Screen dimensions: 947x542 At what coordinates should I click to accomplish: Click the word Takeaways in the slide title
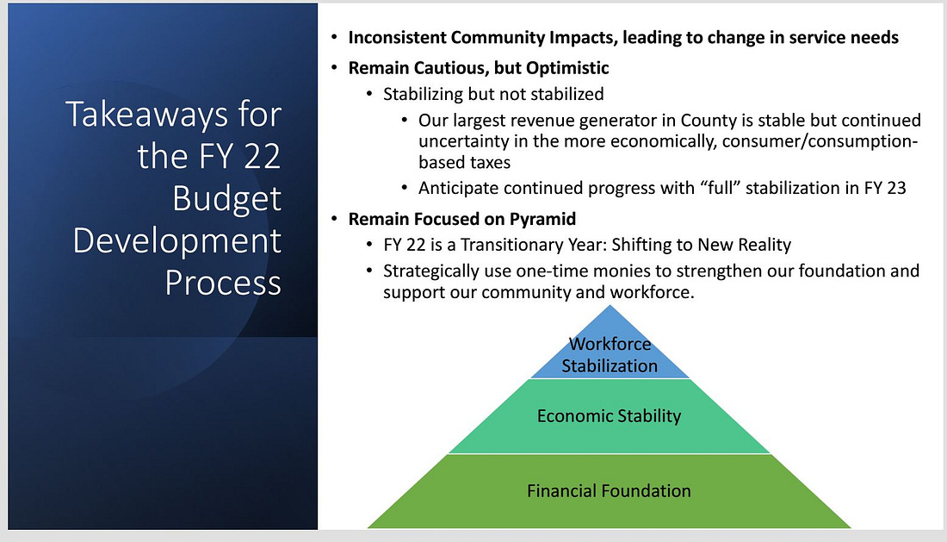(x=146, y=115)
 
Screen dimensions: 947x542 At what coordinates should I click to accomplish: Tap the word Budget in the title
(x=226, y=199)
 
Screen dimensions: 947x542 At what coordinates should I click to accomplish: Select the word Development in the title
(x=177, y=241)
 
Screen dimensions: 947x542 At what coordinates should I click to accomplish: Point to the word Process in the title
(x=223, y=283)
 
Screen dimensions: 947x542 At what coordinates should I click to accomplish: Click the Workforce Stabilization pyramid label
(x=610, y=355)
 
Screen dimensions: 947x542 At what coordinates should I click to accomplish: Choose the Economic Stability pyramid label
(x=609, y=415)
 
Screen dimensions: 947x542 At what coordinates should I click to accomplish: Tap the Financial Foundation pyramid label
(x=609, y=490)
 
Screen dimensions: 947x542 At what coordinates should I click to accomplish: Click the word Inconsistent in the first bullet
(x=397, y=37)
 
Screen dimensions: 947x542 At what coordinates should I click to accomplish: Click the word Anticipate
(x=458, y=189)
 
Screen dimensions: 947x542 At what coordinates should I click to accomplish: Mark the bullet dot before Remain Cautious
(x=334, y=67)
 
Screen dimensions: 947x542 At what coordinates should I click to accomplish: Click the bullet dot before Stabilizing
(x=369, y=94)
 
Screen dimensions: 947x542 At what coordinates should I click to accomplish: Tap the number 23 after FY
(x=896, y=188)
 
